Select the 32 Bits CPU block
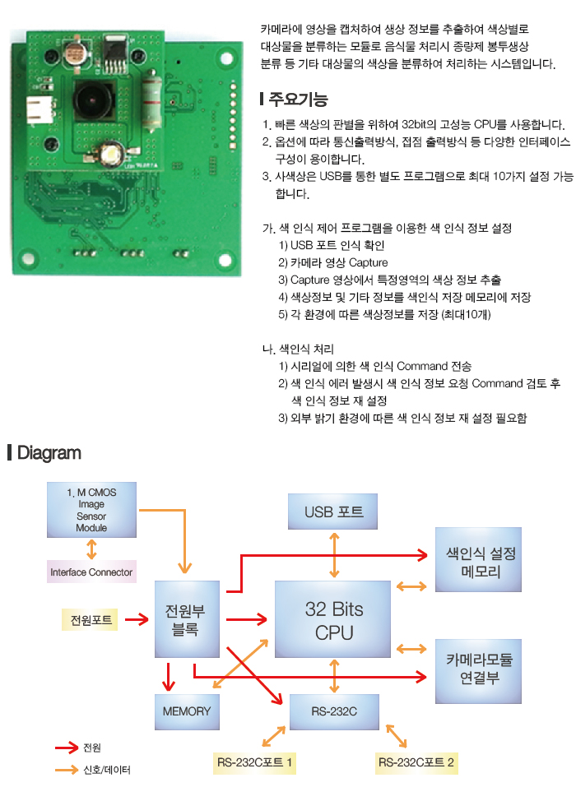click(x=333, y=620)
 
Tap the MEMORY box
click(x=187, y=711)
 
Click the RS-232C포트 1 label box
click(x=255, y=763)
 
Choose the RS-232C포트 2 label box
click(x=416, y=763)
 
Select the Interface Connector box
click(x=91, y=572)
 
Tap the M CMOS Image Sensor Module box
click(x=91, y=510)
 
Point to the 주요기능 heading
click(x=297, y=100)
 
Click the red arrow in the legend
click(x=66, y=748)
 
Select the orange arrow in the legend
click(x=66, y=770)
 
